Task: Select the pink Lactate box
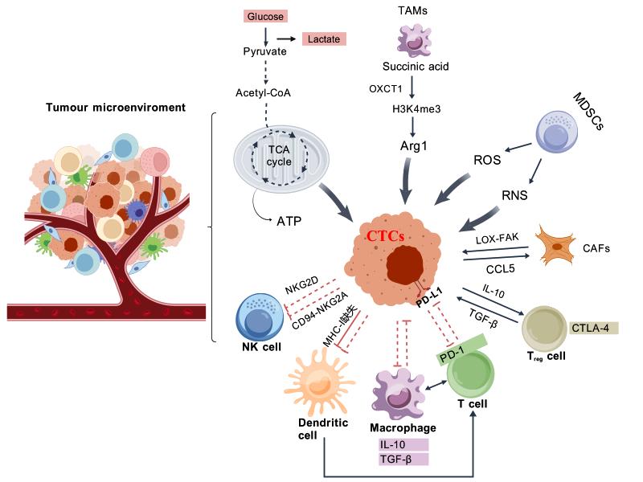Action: [x=324, y=39]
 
